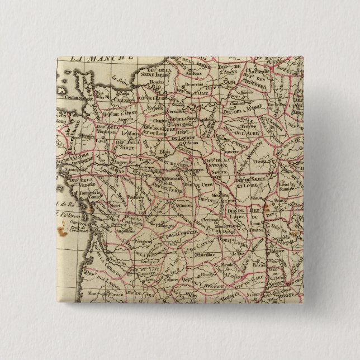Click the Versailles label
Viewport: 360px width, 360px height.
point(181,107)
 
